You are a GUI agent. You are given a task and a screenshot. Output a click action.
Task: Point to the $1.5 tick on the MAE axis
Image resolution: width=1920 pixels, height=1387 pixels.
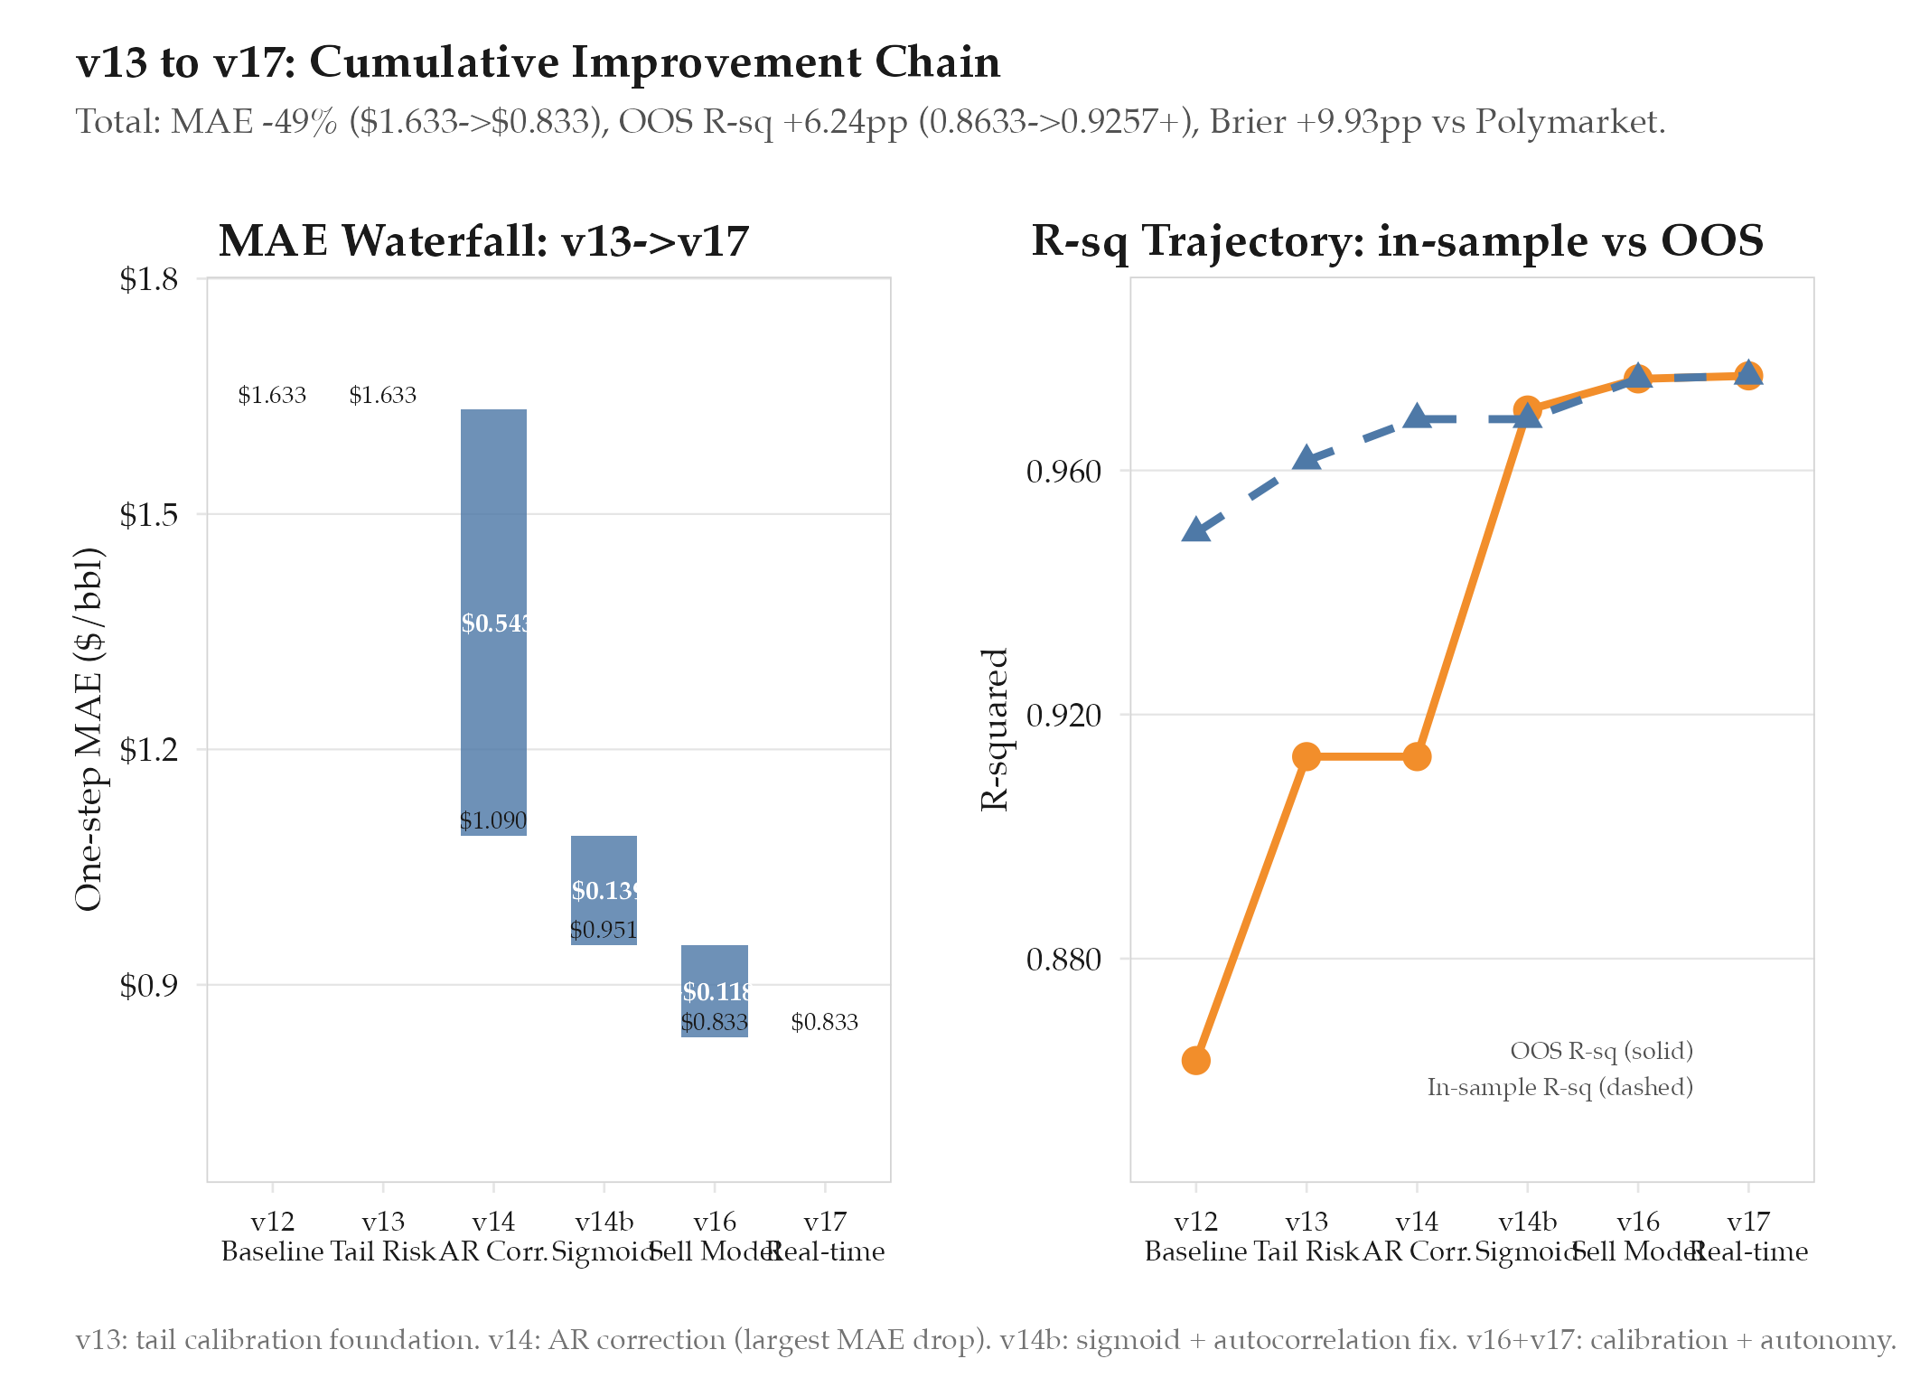[x=149, y=515]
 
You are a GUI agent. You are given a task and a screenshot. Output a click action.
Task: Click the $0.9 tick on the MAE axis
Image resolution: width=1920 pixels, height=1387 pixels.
[x=149, y=985]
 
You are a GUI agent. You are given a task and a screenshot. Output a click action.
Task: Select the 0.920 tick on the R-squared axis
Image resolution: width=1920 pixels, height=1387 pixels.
[x=1063, y=716]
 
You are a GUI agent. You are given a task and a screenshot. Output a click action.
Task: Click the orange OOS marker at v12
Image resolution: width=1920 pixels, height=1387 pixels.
[x=1195, y=1060]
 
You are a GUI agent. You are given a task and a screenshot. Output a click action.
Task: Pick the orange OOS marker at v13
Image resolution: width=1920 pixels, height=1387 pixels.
[x=1306, y=756]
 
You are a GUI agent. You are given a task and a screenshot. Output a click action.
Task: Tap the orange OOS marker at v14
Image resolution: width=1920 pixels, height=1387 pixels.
[x=1417, y=756]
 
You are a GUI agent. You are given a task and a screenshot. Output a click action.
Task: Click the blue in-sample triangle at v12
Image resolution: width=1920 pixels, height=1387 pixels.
[x=1195, y=530]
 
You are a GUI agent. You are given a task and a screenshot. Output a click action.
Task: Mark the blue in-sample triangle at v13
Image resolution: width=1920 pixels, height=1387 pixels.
[x=1306, y=458]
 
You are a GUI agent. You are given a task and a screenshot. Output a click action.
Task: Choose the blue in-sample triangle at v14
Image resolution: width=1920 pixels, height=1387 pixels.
[x=1417, y=417]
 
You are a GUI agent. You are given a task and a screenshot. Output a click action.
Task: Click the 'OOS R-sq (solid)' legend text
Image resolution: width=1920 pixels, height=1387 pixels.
[x=1601, y=1051]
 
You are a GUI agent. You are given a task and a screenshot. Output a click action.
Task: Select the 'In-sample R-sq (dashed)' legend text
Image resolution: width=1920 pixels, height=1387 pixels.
[x=1559, y=1087]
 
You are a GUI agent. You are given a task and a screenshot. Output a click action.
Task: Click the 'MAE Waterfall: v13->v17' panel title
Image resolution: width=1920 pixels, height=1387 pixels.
[x=483, y=241]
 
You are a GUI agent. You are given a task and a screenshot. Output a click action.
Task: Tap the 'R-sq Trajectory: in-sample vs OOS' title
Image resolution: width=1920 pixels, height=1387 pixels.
[x=1397, y=241]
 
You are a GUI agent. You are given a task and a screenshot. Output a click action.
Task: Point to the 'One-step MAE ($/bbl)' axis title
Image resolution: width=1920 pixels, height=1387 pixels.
[x=89, y=729]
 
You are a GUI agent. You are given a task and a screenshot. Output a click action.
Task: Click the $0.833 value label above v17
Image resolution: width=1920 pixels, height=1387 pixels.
[x=824, y=1022]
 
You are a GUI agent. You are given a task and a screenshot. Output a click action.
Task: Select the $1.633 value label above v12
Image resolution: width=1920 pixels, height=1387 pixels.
[x=272, y=395]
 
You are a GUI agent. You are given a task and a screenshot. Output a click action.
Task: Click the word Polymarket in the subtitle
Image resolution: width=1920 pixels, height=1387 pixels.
[x=1568, y=122]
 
